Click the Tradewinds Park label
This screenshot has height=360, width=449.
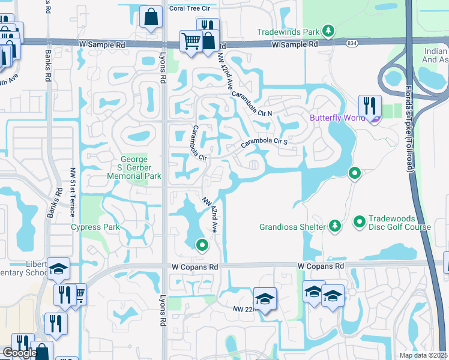(x=288, y=32)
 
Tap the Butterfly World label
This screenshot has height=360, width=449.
(x=337, y=118)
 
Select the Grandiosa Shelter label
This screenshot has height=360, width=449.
(x=292, y=227)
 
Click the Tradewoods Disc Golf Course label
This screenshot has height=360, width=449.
(x=399, y=223)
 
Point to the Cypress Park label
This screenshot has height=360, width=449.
(x=95, y=227)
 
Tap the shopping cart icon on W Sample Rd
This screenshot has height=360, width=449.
(x=191, y=41)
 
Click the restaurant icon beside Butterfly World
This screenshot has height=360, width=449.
(x=370, y=106)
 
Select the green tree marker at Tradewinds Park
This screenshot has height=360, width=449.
(x=328, y=31)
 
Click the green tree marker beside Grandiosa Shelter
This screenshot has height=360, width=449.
(x=335, y=226)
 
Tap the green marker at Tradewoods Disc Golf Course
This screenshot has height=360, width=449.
(x=360, y=222)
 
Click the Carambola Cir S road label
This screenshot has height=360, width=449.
(x=265, y=143)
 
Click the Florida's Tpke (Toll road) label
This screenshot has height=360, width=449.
(x=410, y=137)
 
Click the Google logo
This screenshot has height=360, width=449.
(x=19, y=353)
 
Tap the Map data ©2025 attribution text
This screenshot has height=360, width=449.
(x=424, y=355)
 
